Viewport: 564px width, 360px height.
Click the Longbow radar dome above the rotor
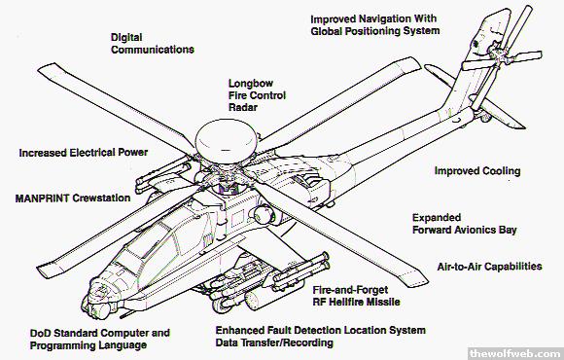(x=227, y=141)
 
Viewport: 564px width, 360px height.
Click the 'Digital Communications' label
(x=153, y=44)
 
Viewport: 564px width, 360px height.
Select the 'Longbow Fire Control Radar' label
(x=257, y=95)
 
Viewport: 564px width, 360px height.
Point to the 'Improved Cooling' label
(x=477, y=170)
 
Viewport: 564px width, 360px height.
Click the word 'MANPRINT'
(x=42, y=198)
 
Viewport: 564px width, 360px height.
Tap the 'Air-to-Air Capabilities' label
(x=489, y=267)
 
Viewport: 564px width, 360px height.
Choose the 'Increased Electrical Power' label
(x=84, y=153)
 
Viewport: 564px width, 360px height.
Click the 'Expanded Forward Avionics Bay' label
(x=465, y=224)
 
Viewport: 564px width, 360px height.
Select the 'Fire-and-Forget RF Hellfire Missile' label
(x=356, y=296)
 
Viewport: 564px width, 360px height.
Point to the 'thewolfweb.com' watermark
(x=515, y=353)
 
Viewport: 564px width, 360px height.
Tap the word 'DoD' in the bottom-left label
(x=40, y=334)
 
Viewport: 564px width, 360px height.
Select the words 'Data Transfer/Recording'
(x=274, y=342)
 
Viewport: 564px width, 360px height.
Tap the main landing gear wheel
(x=220, y=305)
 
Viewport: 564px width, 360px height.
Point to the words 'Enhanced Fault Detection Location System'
(x=321, y=330)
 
